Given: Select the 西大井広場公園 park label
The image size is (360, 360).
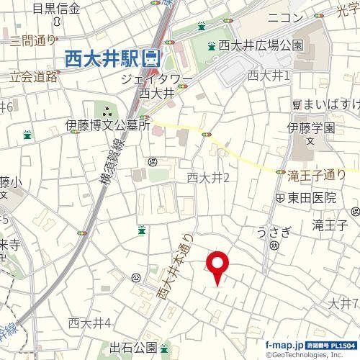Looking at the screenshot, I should (261, 45).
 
